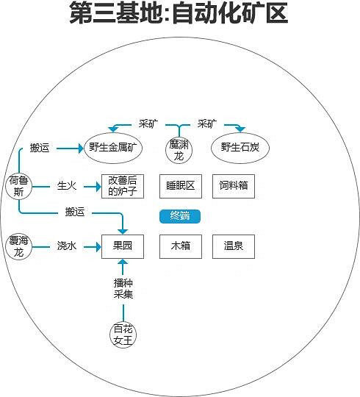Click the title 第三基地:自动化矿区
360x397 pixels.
(179, 14)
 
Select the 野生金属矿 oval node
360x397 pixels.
(112, 148)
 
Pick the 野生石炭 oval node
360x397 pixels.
(240, 148)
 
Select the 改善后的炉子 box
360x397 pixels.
(123, 185)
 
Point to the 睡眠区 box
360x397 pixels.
(180, 185)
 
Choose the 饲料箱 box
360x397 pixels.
(233, 185)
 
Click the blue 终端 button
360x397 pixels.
(180, 216)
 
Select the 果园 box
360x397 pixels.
(123, 246)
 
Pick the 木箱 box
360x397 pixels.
(180, 246)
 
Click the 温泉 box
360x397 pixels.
(233, 246)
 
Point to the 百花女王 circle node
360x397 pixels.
(123, 335)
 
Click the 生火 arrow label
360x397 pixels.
(67, 185)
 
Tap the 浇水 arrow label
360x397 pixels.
(67, 246)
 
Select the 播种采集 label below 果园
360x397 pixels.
(123, 288)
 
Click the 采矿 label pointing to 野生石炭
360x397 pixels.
(207, 124)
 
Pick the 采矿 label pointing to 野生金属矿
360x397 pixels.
(148, 124)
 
